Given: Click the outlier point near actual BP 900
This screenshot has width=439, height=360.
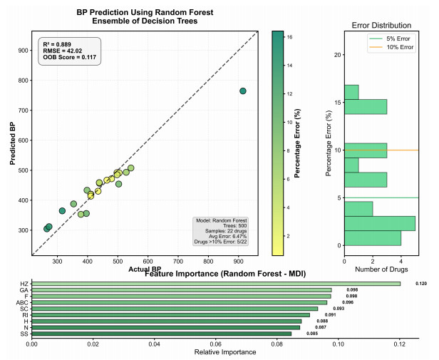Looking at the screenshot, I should pyautogui.click(x=243, y=91).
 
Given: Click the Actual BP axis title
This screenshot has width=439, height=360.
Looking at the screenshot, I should pyautogui.click(x=145, y=269).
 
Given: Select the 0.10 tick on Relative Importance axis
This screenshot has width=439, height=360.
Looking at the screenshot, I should pyautogui.click(x=338, y=343).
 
